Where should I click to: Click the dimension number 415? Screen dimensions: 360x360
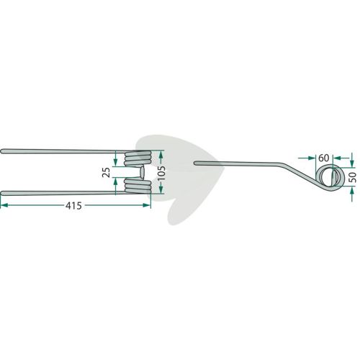[73, 206]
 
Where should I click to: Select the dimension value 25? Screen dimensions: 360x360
[106, 172]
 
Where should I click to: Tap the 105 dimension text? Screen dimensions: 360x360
[161, 172]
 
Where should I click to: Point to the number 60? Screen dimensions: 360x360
[323, 158]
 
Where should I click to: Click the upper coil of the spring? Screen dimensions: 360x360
[138, 158]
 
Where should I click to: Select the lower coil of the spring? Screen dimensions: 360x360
[138, 186]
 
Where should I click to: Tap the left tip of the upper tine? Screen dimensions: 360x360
[1, 151]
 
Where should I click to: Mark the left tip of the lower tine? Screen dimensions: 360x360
[1, 193]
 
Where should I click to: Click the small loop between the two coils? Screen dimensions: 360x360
[142, 172]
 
